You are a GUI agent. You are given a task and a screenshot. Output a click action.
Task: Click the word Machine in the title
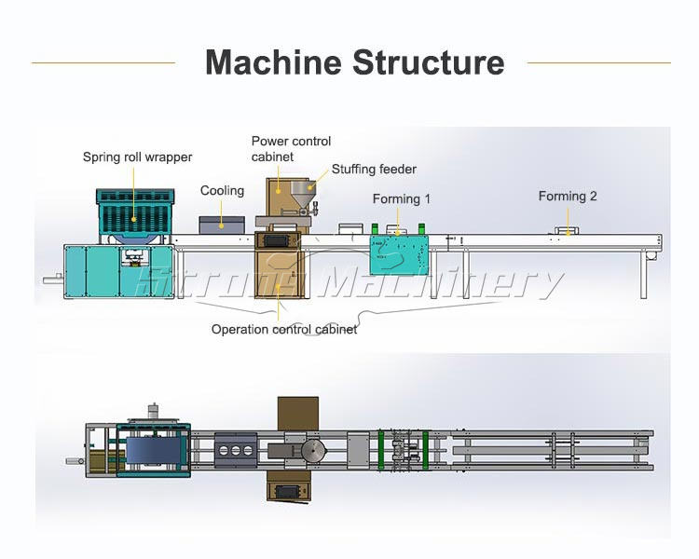pyautogui.click(x=273, y=62)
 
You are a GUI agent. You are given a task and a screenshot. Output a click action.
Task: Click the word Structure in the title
pyautogui.click(x=429, y=62)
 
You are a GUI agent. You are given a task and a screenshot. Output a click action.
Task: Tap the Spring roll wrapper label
pyautogui.click(x=137, y=157)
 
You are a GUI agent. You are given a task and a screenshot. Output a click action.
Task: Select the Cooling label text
pyautogui.click(x=222, y=191)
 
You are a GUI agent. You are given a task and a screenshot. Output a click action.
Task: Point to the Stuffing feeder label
pyautogui.click(x=374, y=169)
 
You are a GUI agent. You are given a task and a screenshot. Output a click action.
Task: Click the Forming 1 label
pyautogui.click(x=402, y=198)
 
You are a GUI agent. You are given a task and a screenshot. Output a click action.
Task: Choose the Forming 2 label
pyautogui.click(x=568, y=197)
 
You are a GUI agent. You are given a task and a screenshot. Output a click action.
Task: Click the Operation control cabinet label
pyautogui.click(x=284, y=330)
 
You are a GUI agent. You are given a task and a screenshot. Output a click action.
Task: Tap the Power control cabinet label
pyautogui.click(x=291, y=149)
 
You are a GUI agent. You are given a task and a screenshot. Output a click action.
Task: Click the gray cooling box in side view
pyautogui.click(x=222, y=225)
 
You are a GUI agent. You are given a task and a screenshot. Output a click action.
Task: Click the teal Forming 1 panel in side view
pyautogui.click(x=399, y=255)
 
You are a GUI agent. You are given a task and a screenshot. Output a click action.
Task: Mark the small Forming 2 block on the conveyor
pyautogui.click(x=567, y=231)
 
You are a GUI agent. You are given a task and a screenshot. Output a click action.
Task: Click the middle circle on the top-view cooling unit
pyautogui.click(x=236, y=451)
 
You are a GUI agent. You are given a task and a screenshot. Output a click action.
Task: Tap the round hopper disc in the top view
pyautogui.click(x=314, y=451)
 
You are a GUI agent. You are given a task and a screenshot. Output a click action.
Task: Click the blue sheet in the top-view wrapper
pyautogui.click(x=154, y=451)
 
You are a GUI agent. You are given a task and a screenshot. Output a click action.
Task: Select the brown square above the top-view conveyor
pyautogui.click(x=298, y=414)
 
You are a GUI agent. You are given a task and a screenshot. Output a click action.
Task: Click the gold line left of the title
pyautogui.click(x=103, y=62)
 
